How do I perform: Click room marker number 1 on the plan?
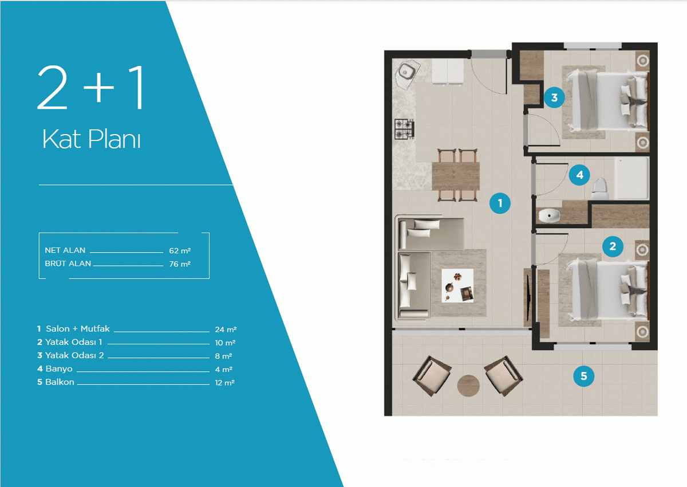(500, 203)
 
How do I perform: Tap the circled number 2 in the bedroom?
(613, 246)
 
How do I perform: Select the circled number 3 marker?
(554, 97)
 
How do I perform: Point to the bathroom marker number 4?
(579, 175)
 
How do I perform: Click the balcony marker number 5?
(583, 376)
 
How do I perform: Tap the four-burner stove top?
(404, 129)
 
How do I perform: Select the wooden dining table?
(456, 176)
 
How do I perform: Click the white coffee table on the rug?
(457, 286)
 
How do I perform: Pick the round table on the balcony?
(468, 386)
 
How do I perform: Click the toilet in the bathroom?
(600, 188)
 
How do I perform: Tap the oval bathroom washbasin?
(549, 216)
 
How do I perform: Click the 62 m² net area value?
(180, 251)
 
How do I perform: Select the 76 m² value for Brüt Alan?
(180, 264)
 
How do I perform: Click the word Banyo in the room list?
(59, 369)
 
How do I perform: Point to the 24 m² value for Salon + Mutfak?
(226, 329)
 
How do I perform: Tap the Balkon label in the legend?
(60, 382)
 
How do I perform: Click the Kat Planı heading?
(92, 139)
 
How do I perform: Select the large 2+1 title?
(90, 88)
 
